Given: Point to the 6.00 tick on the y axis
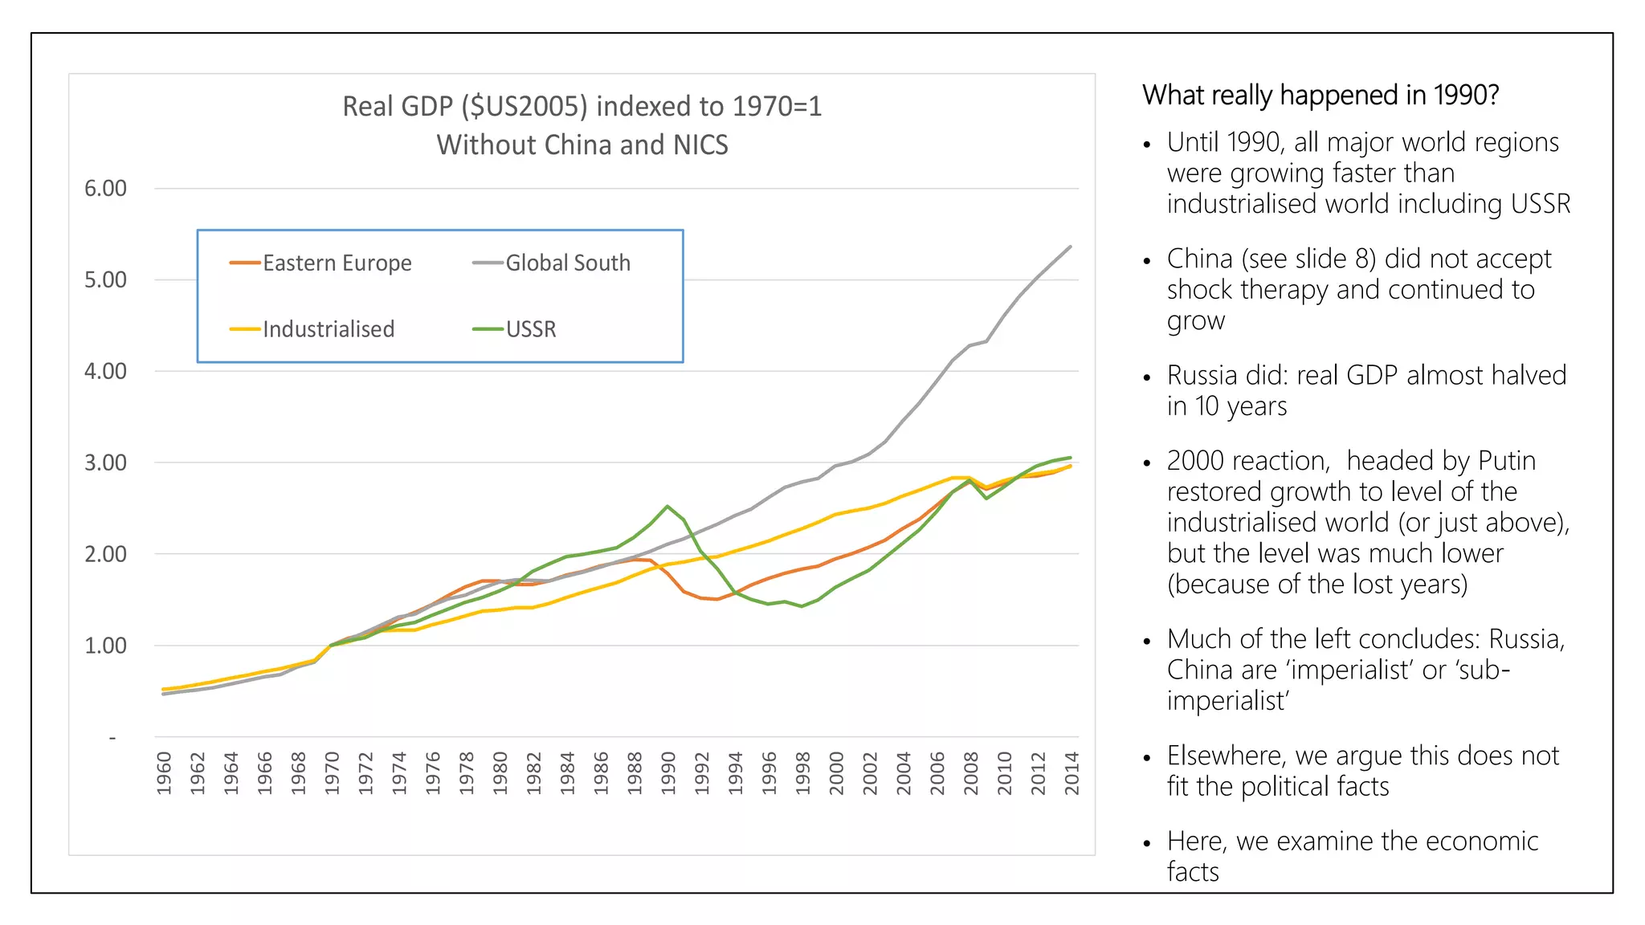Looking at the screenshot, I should pyautogui.click(x=105, y=189).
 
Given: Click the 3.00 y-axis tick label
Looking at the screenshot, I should pyautogui.click(x=105, y=463).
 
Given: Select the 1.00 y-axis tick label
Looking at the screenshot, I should pyautogui.click(x=105, y=646).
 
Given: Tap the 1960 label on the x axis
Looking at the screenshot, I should pyautogui.click(x=164, y=773).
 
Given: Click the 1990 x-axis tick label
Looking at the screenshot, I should pyautogui.click(x=668, y=773).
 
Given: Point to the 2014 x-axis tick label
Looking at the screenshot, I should pyautogui.click(x=1071, y=773).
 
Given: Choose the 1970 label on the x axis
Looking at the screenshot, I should pyautogui.click(x=332, y=773).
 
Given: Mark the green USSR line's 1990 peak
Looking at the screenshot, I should pyautogui.click(x=667, y=506).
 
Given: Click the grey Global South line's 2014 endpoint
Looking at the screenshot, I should pyautogui.click(x=1071, y=247).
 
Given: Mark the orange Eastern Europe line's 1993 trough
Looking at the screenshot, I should pyautogui.click(x=717, y=599).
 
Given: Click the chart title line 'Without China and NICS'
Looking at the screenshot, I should pyautogui.click(x=582, y=145).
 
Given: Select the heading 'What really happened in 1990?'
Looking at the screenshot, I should pyautogui.click(x=1320, y=96).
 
